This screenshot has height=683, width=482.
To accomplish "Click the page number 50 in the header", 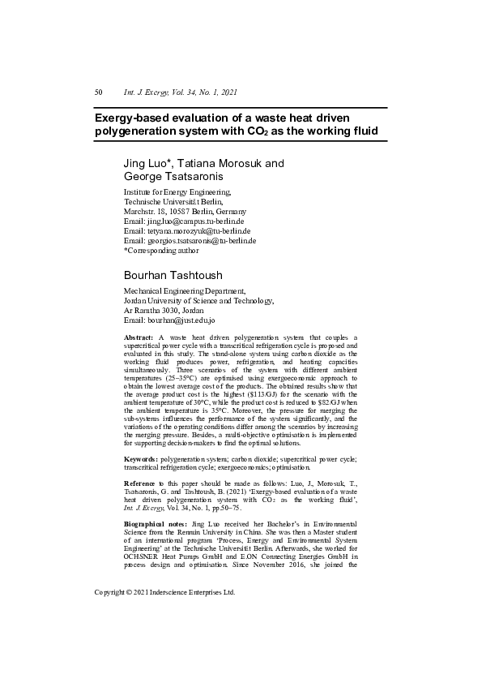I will [98, 92].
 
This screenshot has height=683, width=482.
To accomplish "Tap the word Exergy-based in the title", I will [134, 117].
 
